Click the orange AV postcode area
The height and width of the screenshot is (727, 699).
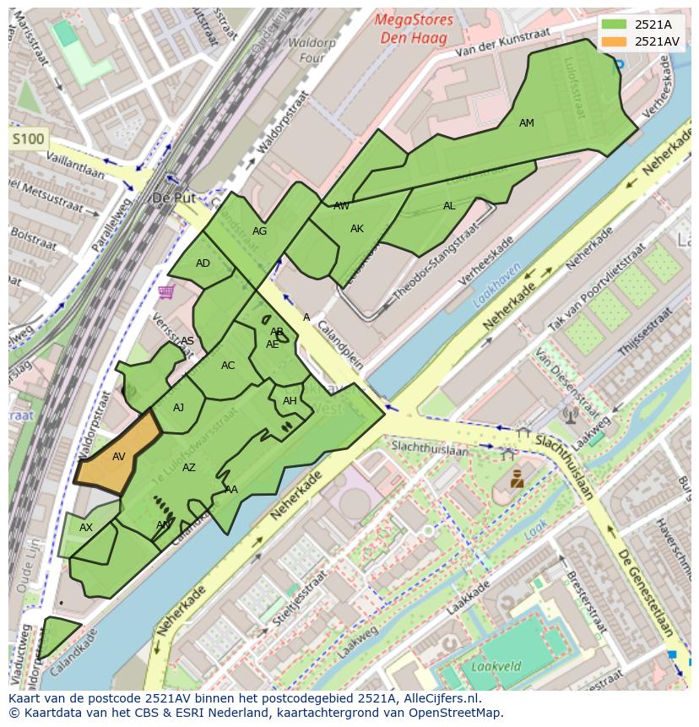coord(119,457)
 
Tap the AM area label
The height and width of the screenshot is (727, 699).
coord(527,123)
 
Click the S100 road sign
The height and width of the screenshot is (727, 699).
coord(28,138)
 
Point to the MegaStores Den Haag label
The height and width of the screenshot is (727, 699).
coord(415,28)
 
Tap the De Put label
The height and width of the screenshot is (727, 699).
coord(173,198)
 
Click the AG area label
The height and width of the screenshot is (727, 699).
coord(259,231)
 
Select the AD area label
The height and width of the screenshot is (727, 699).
coord(203,263)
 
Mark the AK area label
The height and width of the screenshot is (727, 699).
coord(357,229)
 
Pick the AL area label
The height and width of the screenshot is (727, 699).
coord(449,206)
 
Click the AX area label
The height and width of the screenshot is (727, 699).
coord(86,528)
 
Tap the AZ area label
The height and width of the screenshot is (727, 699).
coord(189,468)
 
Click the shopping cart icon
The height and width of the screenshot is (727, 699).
coord(165,292)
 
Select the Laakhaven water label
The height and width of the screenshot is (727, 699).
coord(497,291)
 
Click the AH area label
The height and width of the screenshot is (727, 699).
coord(290,401)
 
